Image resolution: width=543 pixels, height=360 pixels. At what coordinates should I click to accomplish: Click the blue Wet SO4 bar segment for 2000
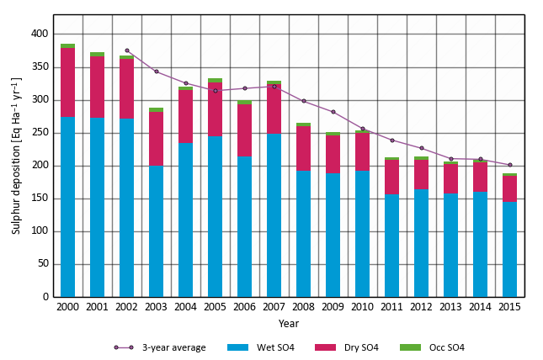pyautogui.click(x=67, y=207)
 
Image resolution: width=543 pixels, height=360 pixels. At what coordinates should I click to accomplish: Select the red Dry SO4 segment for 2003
pyautogui.click(x=156, y=139)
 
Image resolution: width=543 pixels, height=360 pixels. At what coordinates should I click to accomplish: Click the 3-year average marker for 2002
pyautogui.click(x=127, y=50)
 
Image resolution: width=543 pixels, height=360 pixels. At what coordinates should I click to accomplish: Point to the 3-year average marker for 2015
pyautogui.click(x=509, y=165)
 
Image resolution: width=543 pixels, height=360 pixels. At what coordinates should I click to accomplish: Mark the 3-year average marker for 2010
pyautogui.click(x=363, y=129)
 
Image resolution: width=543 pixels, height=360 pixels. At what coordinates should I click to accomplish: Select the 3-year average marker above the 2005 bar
pyautogui.click(x=216, y=90)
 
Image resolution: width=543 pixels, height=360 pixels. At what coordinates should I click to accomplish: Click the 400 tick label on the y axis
pyautogui.click(x=39, y=34)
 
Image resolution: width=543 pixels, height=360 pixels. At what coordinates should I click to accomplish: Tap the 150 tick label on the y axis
pyautogui.click(x=39, y=199)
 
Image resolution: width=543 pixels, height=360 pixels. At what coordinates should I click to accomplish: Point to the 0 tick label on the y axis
pyautogui.click(x=45, y=297)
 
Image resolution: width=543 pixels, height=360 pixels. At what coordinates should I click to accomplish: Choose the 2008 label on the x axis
pyautogui.click(x=303, y=308)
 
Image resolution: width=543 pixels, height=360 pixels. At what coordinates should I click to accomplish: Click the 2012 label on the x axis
pyautogui.click(x=421, y=308)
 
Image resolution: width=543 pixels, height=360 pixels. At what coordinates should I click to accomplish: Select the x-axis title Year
pyautogui.click(x=288, y=323)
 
